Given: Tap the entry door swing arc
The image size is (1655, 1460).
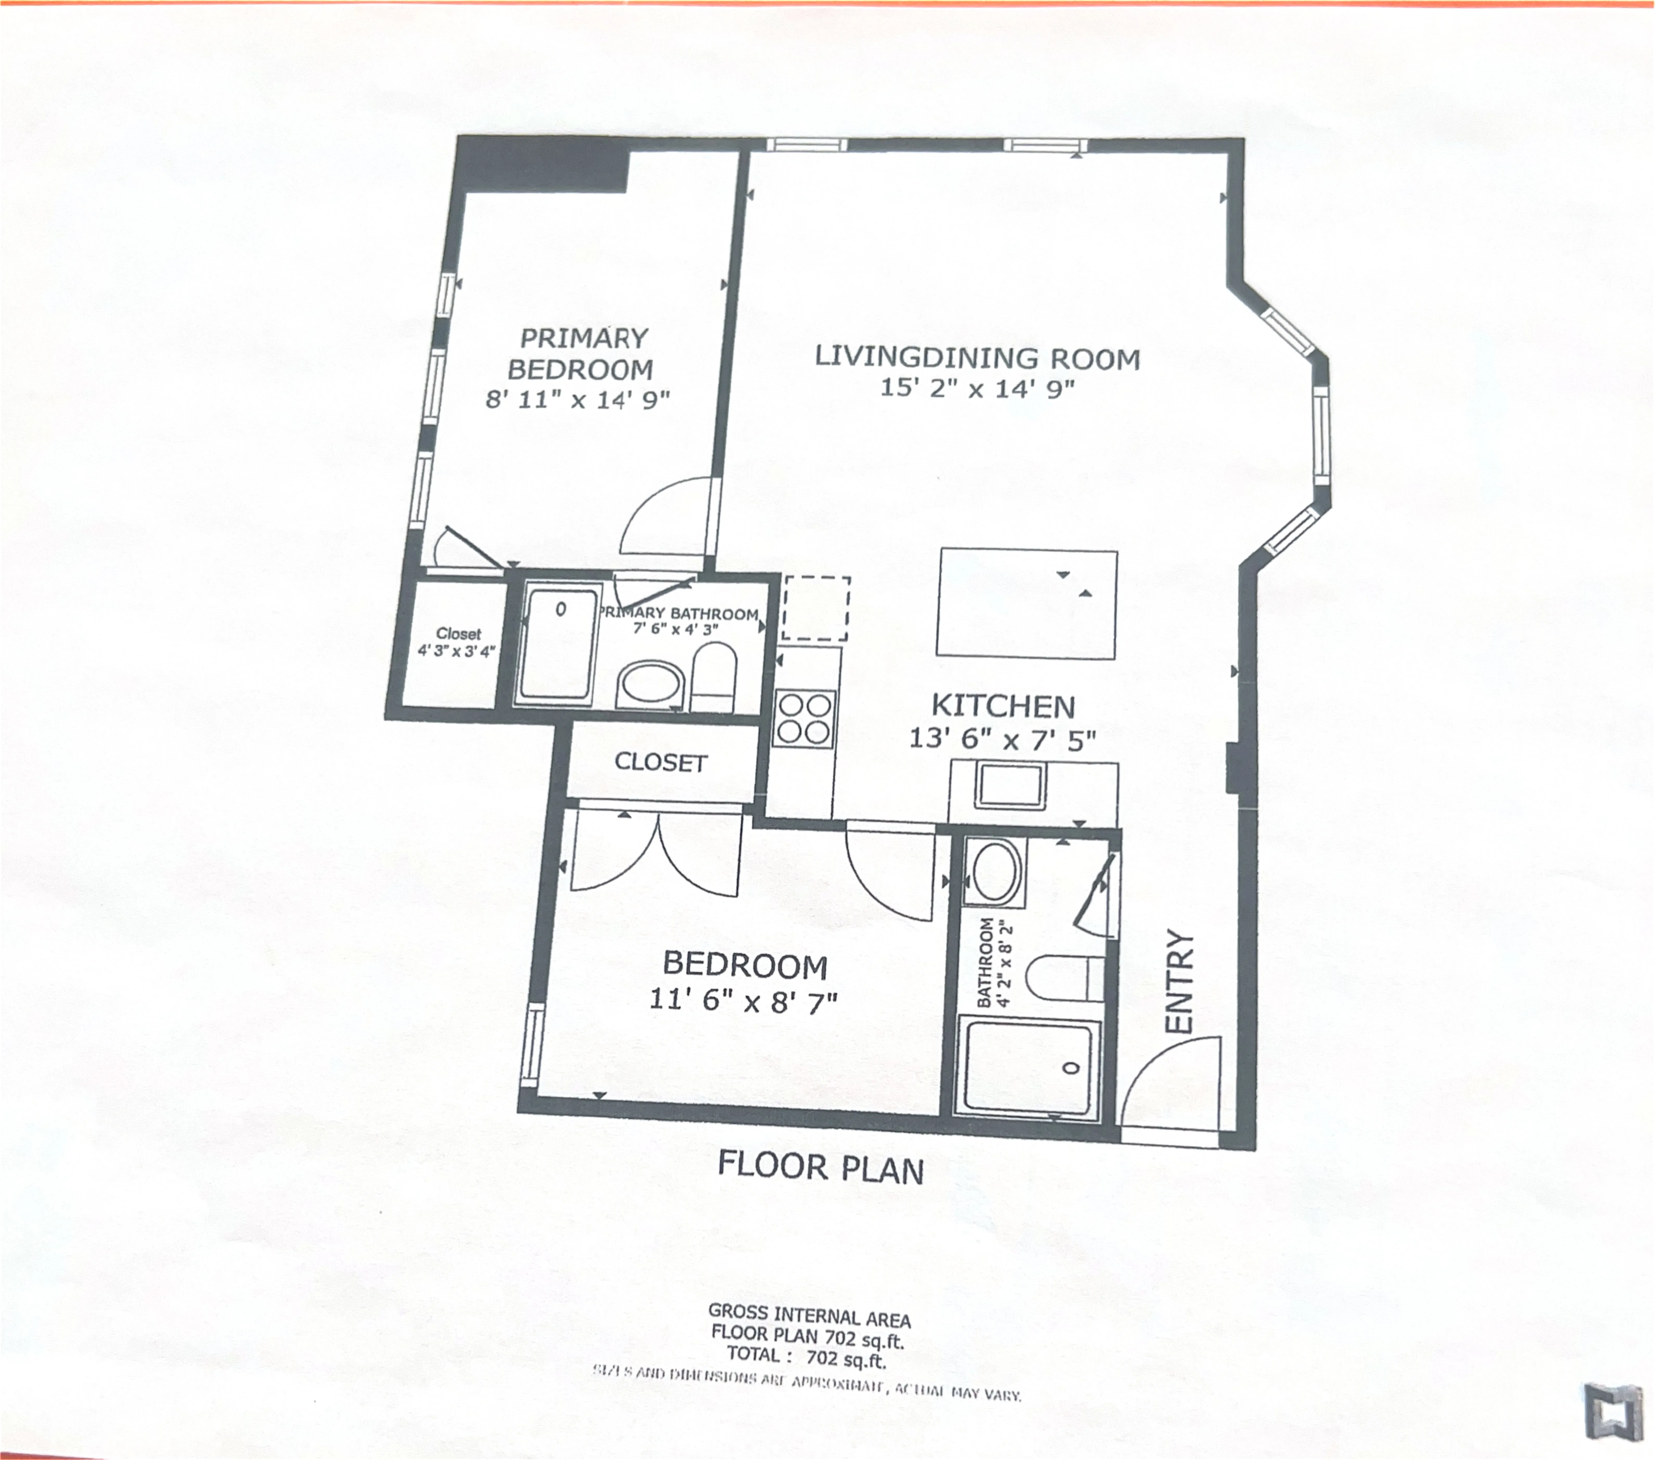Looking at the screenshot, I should (x=1166, y=1077).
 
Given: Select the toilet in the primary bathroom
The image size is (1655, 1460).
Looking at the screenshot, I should (x=713, y=678).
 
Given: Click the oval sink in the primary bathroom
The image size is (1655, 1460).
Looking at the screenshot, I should (x=650, y=686).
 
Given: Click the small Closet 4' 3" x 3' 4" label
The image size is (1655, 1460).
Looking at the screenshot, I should (x=458, y=642).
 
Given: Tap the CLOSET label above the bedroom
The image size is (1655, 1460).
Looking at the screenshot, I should (x=661, y=762).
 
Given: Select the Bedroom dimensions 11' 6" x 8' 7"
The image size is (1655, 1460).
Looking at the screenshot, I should (x=743, y=1002).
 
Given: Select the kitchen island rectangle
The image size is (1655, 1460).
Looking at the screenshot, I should (x=1027, y=604).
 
